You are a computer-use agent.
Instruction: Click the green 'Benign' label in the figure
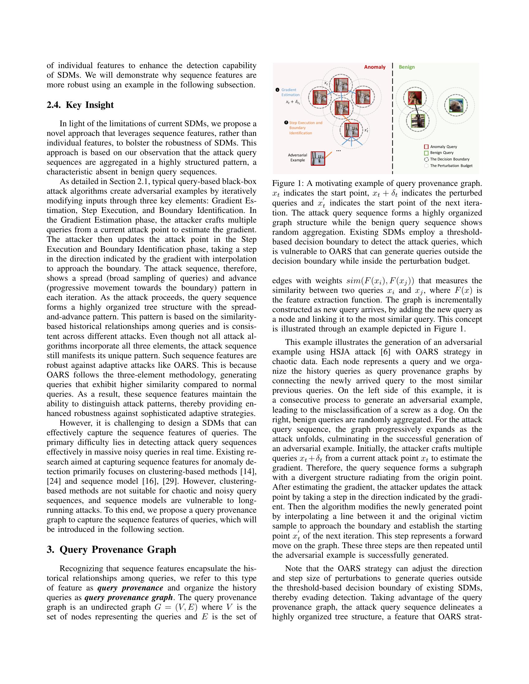(406, 67)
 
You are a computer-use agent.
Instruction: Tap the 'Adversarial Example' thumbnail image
(318, 158)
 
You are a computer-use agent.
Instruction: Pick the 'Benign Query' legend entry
(441, 153)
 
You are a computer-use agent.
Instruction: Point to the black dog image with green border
(417, 121)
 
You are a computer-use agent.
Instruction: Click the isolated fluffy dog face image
(456, 105)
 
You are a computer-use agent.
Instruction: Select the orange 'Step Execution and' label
(305, 123)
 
